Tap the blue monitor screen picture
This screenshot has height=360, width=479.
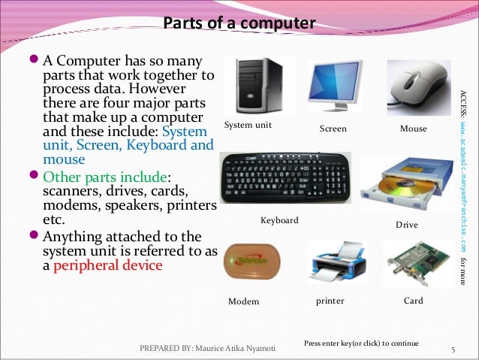(334, 85)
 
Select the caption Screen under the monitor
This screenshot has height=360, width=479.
(333, 129)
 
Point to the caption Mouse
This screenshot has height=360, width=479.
(413, 129)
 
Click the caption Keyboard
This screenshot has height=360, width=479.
(279, 220)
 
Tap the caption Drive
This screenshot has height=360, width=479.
(406, 225)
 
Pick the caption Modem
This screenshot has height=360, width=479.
(243, 301)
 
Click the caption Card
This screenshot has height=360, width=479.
(413, 301)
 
